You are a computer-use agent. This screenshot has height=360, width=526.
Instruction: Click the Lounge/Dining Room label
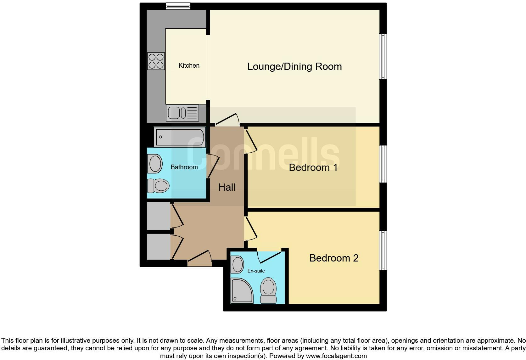point(294,66)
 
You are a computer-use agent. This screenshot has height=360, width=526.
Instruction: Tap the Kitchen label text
point(189,65)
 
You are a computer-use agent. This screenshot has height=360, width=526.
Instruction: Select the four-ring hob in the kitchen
point(156,61)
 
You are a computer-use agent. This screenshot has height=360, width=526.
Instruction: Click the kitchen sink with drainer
point(182,113)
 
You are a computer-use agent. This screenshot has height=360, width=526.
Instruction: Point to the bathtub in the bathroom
point(180,137)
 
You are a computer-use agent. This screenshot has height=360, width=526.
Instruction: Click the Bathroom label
point(184,167)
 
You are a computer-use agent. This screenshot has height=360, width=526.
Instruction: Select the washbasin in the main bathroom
point(155,164)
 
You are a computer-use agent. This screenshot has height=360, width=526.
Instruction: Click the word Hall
point(227,188)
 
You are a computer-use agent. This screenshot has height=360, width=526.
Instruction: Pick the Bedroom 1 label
point(313,167)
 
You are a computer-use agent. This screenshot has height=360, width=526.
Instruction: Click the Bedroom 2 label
point(334,258)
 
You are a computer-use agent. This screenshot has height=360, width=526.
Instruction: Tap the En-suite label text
point(256,271)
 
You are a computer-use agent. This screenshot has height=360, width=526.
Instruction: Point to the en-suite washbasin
point(238,264)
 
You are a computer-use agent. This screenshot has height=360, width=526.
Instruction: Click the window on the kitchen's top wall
point(178,6)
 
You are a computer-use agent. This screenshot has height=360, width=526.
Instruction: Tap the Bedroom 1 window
point(383,164)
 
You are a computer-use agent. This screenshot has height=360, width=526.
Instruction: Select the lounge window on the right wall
point(383,56)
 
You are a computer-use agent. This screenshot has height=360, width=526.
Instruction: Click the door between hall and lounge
point(227,121)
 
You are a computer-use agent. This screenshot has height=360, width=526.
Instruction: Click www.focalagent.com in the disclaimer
point(336,356)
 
